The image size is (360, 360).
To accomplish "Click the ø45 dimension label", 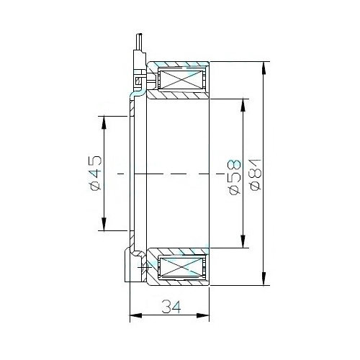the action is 96,173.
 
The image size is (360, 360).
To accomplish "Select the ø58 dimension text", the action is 235,177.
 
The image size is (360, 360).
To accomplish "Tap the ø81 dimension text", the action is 255,175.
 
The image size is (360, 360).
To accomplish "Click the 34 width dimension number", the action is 171,307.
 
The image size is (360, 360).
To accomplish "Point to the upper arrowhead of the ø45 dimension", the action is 104,122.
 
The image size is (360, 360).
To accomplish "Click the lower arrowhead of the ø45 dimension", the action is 104,224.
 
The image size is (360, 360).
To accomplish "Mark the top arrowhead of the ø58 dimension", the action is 243,104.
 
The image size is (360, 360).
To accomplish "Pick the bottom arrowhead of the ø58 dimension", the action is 243,241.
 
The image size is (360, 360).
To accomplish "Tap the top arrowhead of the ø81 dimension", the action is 264,68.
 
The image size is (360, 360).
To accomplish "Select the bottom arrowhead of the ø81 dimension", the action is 264,279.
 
